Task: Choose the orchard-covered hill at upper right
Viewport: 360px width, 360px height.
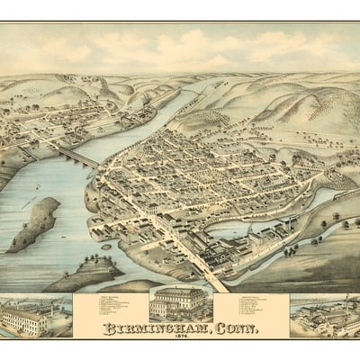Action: pyautogui.click(x=297, y=112)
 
